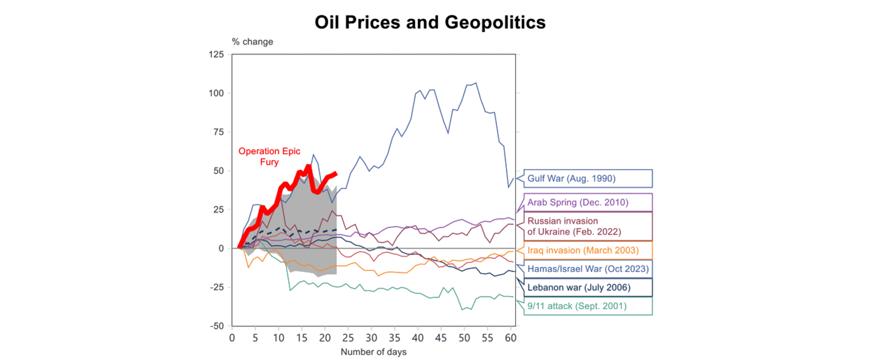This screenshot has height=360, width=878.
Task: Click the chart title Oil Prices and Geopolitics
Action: click(x=430, y=22)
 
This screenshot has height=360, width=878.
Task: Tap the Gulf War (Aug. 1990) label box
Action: click(x=588, y=178)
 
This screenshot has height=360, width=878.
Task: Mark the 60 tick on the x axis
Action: click(x=510, y=338)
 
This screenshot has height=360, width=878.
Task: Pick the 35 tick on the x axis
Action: click(x=394, y=338)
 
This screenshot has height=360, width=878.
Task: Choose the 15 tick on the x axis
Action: click(x=301, y=338)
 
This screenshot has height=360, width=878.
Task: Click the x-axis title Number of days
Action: click(x=373, y=352)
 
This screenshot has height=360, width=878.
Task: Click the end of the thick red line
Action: click(x=336, y=173)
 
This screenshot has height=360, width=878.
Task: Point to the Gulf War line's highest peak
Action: click(x=476, y=83)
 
